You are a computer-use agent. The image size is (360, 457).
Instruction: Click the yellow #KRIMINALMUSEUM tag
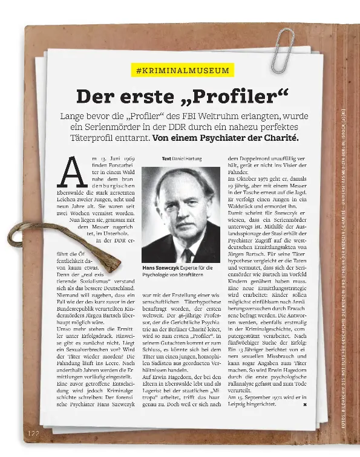pos(182,71)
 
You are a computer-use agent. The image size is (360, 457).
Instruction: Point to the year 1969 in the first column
pos(127,158)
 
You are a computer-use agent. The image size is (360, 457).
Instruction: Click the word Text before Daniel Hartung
pos(166,158)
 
